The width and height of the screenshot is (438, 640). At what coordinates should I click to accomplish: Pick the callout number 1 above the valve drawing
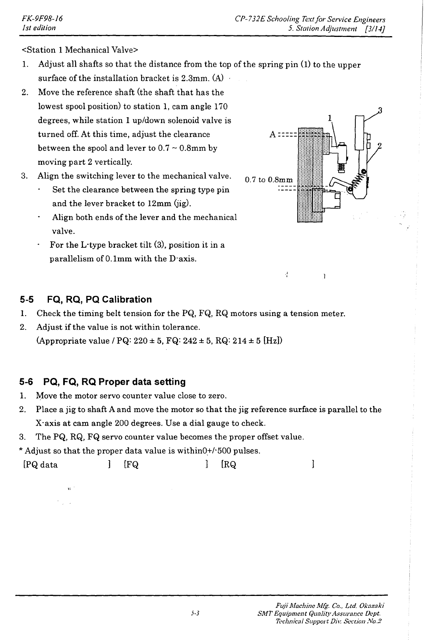coord(329,118)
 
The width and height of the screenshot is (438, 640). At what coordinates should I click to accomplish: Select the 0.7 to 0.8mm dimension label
coord(269,180)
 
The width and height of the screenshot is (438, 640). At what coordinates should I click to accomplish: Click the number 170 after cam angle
coord(220,106)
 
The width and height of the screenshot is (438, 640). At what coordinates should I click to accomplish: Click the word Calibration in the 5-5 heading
coord(127,300)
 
